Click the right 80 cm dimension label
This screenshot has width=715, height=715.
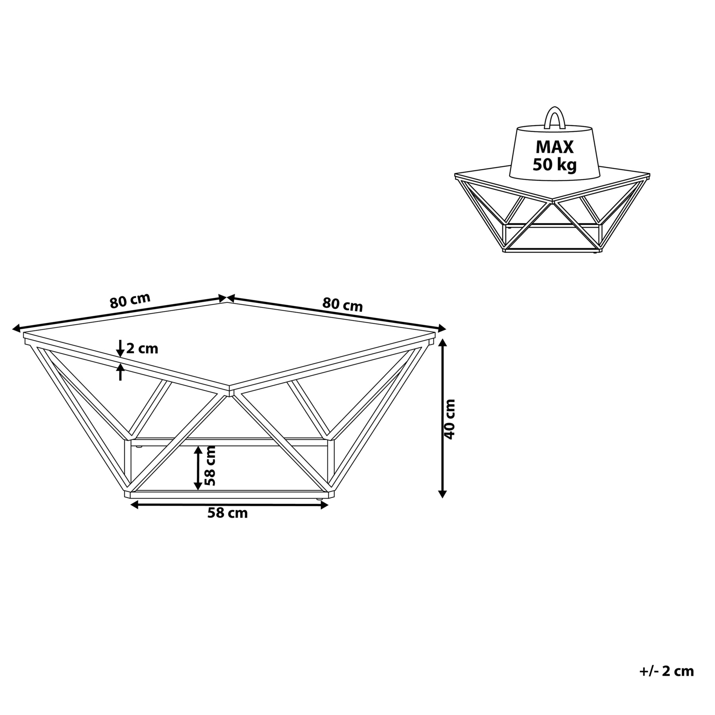click(342, 305)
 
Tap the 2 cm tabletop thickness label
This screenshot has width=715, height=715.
click(142, 349)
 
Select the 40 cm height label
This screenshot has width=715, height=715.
click(449, 419)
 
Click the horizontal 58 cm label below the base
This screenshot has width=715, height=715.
click(227, 513)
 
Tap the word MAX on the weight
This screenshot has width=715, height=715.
click(555, 147)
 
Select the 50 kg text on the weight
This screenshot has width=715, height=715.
click(555, 164)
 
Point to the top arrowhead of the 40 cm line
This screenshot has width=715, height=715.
click(443, 342)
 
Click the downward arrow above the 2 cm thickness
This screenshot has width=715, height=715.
click(120, 350)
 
